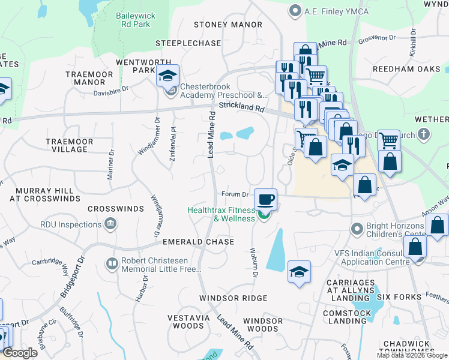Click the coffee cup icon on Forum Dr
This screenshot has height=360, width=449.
[265, 199]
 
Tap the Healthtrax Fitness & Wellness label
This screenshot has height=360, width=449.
[221, 214]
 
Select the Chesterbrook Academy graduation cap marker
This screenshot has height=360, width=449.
[168, 76]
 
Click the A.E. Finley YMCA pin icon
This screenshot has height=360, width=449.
[295, 10]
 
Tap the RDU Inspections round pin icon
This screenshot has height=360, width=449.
[110, 224]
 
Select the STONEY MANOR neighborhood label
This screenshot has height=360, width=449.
[228, 25]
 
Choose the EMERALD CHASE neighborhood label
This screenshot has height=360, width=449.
[199, 241]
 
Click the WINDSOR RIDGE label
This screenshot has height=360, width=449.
[233, 298]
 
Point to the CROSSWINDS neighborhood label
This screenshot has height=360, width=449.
[116, 209]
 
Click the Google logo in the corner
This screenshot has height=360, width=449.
[19, 353]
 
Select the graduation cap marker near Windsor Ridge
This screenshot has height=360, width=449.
[299, 272]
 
